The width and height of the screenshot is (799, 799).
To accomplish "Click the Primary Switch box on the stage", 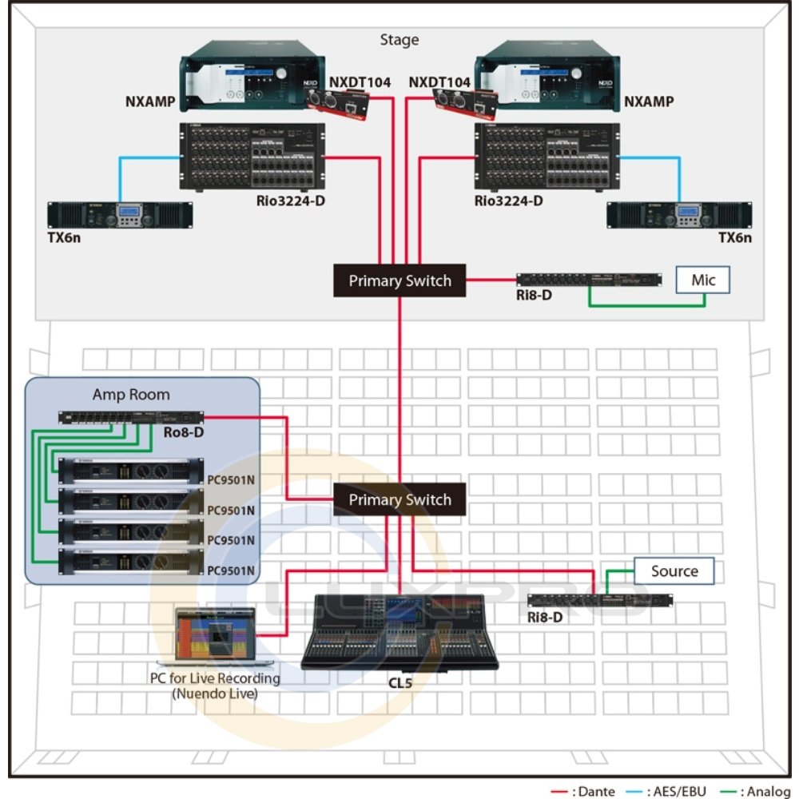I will click(399, 281).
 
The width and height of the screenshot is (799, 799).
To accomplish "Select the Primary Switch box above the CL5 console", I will click(399, 500).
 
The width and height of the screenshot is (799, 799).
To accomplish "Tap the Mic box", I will click(703, 280).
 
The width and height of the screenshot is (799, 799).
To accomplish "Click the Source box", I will click(674, 571).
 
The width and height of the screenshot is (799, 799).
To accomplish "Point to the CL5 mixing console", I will click(399, 631).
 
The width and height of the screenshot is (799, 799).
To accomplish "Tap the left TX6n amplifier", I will click(120, 215).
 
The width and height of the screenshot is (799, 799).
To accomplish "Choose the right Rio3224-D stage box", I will click(547, 157).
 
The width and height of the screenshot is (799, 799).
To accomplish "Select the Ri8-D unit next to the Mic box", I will click(588, 280).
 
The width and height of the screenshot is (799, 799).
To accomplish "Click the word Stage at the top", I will click(399, 40).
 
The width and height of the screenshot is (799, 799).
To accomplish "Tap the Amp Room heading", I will click(131, 395).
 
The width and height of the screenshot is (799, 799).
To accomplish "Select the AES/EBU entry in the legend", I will click(675, 791).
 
